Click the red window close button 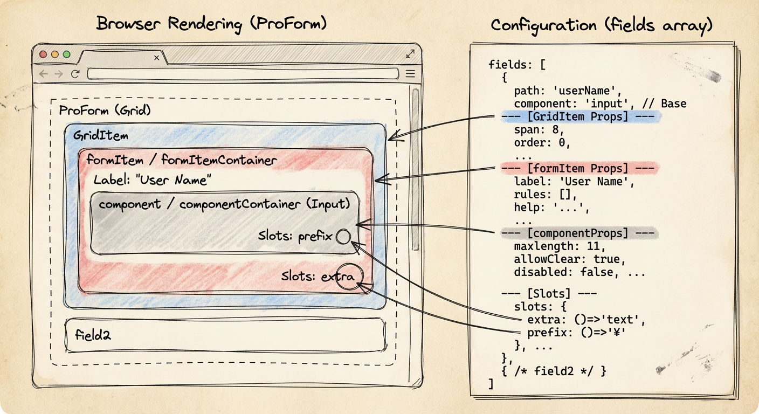tap(43, 54)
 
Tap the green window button tap(67, 54)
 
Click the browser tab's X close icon tap(156, 58)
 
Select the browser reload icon tap(75, 73)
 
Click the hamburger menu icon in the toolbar tap(410, 73)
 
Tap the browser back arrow tap(43, 73)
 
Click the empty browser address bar tap(243, 73)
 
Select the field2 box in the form tap(226, 335)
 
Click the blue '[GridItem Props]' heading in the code tap(578, 117)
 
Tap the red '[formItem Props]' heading tap(578, 168)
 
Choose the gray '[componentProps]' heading tap(578, 233)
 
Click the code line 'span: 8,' tap(539, 130)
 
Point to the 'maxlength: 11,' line tap(560, 246)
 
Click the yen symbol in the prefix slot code tap(617, 333)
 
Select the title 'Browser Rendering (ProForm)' tap(211, 24)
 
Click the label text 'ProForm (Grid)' tap(105, 110)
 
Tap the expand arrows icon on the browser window tap(410, 53)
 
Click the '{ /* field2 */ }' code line tap(554, 371)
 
